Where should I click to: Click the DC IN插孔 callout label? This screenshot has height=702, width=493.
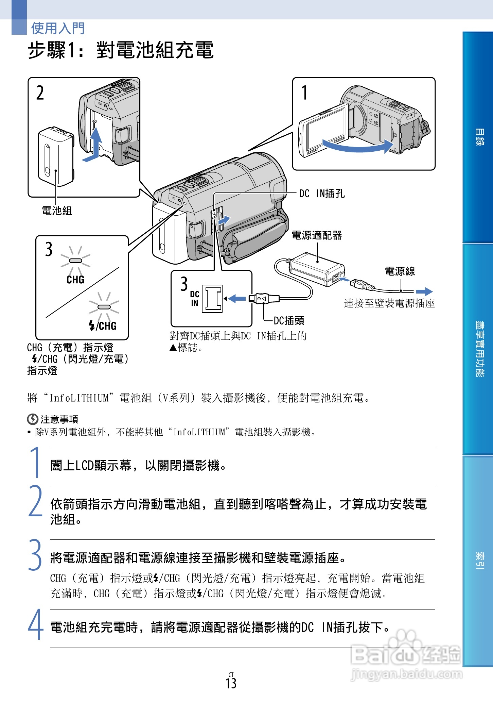pyautogui.click(x=321, y=194)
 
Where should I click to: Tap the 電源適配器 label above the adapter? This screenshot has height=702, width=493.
pyautogui.click(x=317, y=235)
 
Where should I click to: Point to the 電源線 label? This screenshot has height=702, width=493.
pyautogui.click(x=400, y=271)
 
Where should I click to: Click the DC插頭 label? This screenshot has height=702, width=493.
pyautogui.click(x=289, y=320)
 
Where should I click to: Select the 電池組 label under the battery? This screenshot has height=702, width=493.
pyautogui.click(x=57, y=211)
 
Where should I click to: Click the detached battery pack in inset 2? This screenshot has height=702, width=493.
pyautogui.click(x=56, y=157)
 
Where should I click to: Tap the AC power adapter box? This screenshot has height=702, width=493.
pyautogui.click(x=316, y=269)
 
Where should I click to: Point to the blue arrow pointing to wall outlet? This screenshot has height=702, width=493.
pyautogui.click(x=424, y=291)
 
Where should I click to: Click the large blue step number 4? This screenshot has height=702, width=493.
pyautogui.click(x=35, y=625)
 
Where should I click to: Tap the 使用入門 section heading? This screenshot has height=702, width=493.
pyautogui.click(x=58, y=28)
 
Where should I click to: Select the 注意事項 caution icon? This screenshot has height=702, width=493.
pyautogui.click(x=32, y=419)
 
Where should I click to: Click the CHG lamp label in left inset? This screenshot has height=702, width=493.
pyautogui.click(x=75, y=280)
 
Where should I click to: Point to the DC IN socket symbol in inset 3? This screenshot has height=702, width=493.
pyautogui.click(x=212, y=299)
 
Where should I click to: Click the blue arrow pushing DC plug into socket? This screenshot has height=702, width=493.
pyautogui.click(x=237, y=299)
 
